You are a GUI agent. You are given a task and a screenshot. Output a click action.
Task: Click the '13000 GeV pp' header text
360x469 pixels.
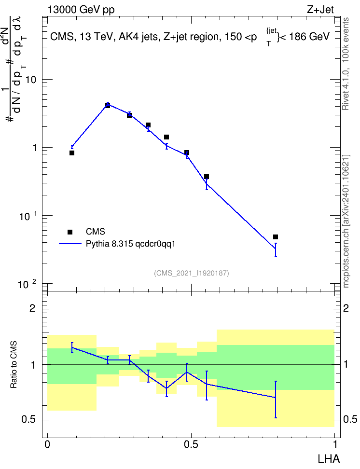click(81, 10)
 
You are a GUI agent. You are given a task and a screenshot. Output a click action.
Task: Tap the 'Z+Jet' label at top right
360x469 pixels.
click(320, 10)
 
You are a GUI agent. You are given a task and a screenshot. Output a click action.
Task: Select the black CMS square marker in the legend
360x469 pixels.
click(70, 232)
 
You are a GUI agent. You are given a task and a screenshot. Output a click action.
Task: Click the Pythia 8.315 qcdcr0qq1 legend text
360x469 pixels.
click(130, 244)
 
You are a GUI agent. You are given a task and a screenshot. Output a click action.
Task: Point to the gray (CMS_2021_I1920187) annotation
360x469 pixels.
click(192, 273)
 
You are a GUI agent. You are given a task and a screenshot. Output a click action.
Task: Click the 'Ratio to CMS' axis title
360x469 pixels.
click(14, 365)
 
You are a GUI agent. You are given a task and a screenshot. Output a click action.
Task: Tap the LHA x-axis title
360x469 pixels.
click(329, 459)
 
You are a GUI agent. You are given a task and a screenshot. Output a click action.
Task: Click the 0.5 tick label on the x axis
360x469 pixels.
click(191, 444)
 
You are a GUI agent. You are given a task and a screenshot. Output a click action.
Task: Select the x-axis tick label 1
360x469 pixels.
click(335, 444)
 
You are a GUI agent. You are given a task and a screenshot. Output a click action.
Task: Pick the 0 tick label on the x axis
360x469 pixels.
click(47, 444)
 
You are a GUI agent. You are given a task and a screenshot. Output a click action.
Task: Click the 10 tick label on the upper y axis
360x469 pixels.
click(30, 80)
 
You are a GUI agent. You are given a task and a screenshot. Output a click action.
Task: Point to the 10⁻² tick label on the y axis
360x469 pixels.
click(28, 284)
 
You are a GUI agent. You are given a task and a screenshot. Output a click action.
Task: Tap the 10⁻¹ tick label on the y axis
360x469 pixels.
click(28, 216)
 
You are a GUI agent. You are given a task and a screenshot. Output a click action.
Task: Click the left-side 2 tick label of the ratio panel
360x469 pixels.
click(32, 308)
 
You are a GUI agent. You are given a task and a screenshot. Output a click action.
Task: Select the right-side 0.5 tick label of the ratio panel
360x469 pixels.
click(350, 420)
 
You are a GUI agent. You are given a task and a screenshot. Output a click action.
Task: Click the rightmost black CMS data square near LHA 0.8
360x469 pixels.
click(276, 237)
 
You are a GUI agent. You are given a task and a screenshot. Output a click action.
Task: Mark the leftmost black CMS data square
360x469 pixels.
click(72, 153)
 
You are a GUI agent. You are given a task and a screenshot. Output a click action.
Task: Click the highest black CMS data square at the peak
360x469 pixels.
click(108, 105)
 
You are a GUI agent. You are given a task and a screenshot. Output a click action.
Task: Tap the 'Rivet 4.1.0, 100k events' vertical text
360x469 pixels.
click(346, 64)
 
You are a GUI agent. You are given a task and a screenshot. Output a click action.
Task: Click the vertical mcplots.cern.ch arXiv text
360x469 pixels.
click(346, 221)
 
